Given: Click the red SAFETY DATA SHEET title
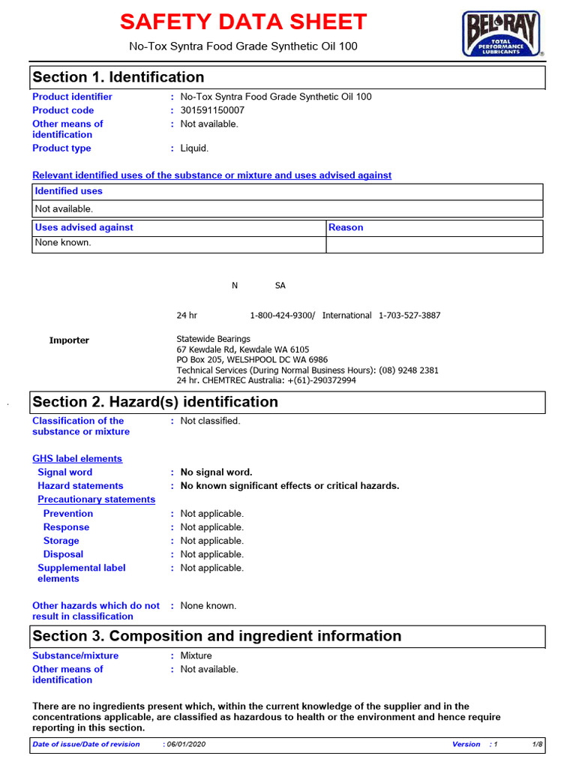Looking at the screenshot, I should (244, 22).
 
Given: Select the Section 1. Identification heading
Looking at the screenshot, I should (118, 77).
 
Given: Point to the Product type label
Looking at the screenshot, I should (61, 148).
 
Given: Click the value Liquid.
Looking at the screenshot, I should (194, 148).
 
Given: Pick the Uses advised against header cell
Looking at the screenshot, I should (84, 227).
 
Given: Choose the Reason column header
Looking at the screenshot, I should (346, 227).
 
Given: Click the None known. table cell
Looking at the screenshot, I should (63, 242).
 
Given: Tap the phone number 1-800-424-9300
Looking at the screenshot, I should (282, 316).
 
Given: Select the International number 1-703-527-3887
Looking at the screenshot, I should (409, 316).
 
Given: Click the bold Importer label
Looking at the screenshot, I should (69, 340).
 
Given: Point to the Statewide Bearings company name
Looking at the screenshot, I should (214, 339).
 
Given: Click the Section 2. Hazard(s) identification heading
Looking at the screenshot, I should (155, 402).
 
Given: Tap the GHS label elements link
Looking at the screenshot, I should (77, 459).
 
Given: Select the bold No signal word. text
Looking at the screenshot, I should (217, 472).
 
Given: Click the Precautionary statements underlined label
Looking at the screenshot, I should (97, 499).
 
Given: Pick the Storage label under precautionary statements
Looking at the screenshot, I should (61, 541).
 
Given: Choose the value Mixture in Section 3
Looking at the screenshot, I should (196, 655).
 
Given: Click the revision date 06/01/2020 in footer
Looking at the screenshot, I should (186, 744).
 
